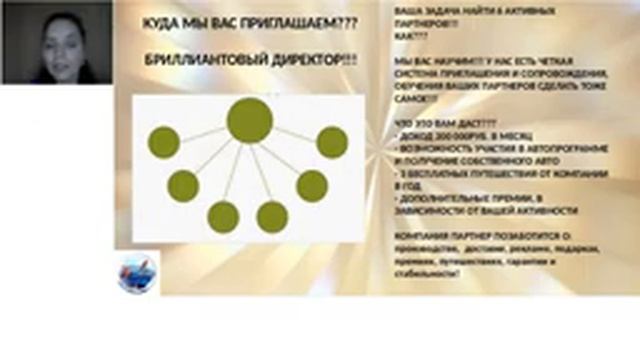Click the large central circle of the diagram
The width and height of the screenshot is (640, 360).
pos(249,120)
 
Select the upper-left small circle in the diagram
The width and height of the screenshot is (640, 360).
pos(164,142)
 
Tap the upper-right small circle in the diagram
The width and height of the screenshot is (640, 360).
pos(332,142)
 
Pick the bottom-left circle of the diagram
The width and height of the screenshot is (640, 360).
pos(222,217)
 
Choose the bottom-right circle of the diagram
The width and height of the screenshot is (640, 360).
pos(272,217)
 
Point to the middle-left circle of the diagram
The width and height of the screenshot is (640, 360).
pos(183,185)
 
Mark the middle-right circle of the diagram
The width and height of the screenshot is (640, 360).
pos(312,185)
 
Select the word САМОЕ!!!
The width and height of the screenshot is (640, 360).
pos(414,100)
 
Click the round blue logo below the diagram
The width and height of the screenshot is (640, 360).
pos(138,271)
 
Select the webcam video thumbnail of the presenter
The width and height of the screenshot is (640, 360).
pos(56,42)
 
